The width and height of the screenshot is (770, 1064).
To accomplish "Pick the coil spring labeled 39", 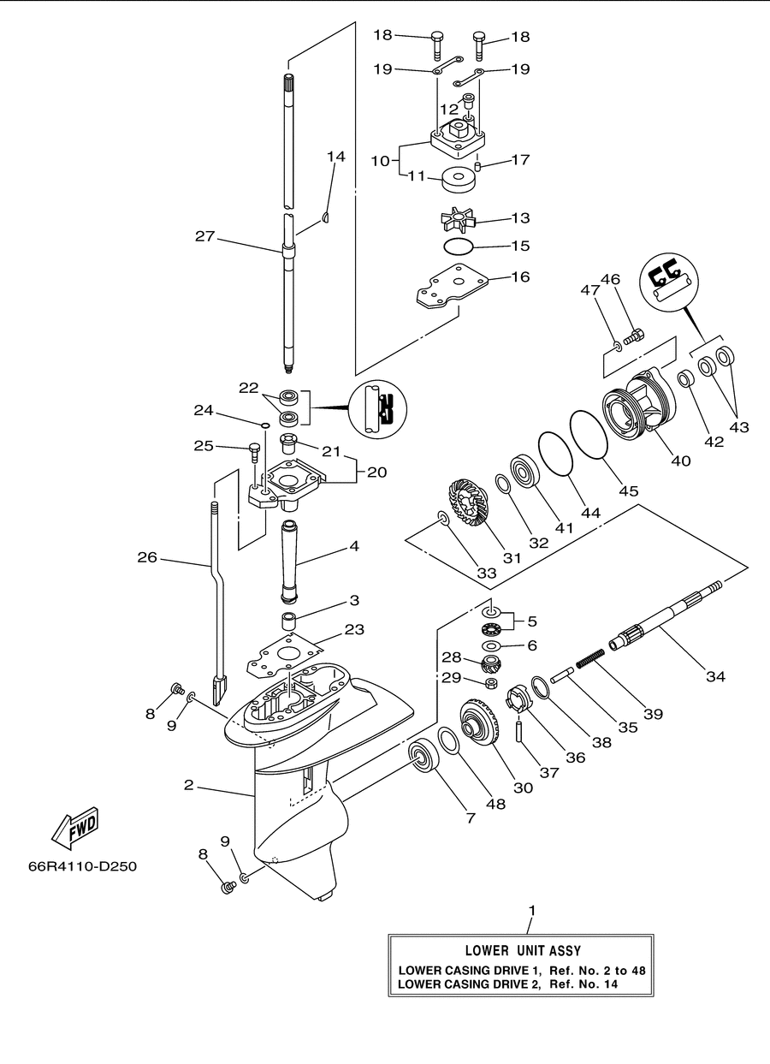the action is pos(590,658).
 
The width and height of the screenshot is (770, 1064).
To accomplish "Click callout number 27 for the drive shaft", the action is pos(205,236).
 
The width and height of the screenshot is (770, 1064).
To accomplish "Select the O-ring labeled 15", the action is pos(458,246).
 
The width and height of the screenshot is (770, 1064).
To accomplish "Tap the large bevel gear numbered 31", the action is pos(466,503).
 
